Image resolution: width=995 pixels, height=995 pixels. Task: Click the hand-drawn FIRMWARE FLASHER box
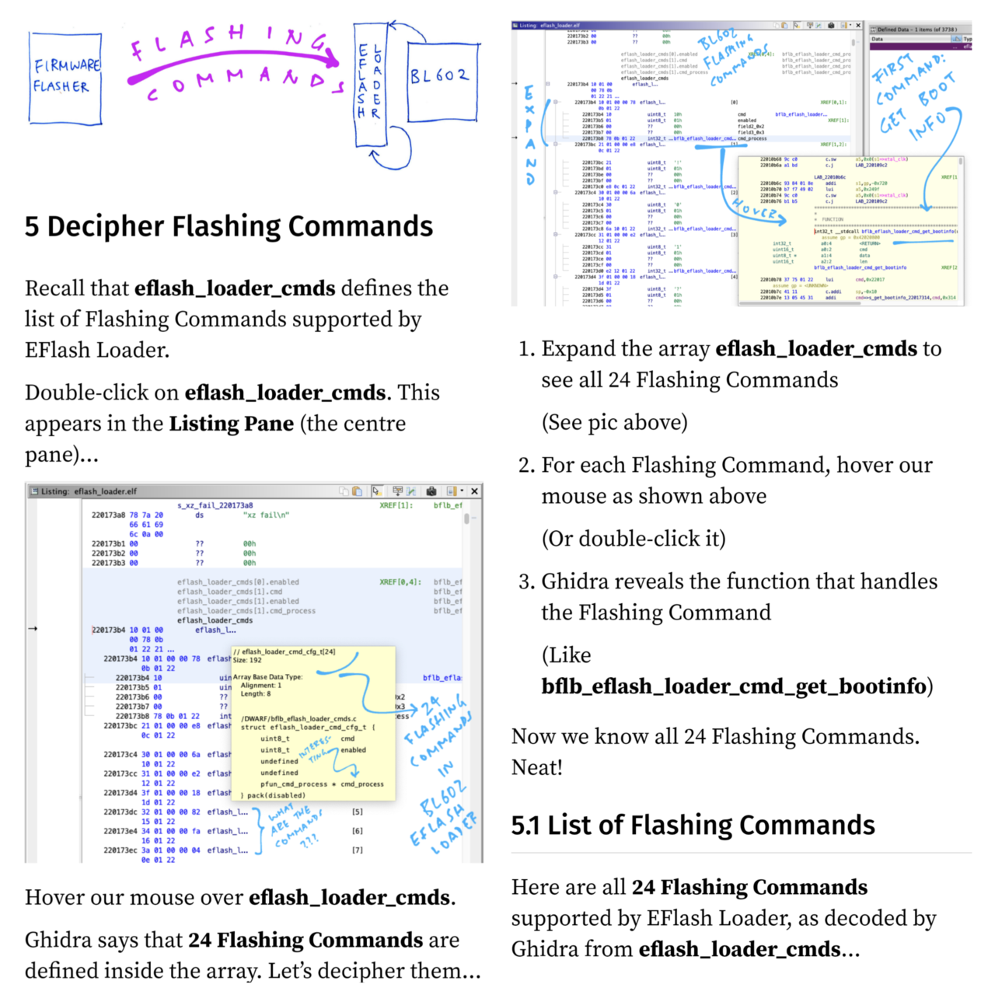(65, 78)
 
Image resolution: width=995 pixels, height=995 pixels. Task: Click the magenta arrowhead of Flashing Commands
(333, 59)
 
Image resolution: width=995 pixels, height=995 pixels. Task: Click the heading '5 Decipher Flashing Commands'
(229, 226)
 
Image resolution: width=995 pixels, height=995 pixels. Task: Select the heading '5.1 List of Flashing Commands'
(693, 825)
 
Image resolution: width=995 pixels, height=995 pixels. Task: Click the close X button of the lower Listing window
(474, 491)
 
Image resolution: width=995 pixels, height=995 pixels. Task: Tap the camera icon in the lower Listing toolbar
(431, 491)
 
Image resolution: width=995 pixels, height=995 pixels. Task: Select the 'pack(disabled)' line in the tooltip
(273, 795)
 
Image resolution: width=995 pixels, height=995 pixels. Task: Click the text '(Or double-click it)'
(634, 539)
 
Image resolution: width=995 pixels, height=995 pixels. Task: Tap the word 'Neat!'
(536, 767)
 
